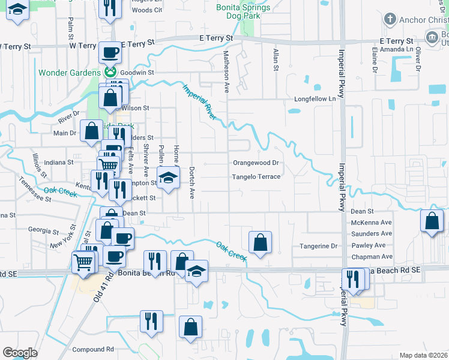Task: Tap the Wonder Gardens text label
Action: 70,73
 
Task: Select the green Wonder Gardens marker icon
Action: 110,73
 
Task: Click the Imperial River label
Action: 199,102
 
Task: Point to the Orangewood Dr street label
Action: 256,163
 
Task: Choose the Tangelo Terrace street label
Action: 256,177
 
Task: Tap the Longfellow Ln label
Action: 313,98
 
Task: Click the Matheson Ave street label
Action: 227,71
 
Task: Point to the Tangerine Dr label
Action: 319,246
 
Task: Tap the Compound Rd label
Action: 92,349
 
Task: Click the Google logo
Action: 20,353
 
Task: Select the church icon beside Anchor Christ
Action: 391,19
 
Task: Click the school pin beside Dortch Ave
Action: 169,178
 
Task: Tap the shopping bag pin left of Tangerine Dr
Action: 260,242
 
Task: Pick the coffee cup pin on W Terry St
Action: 110,53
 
